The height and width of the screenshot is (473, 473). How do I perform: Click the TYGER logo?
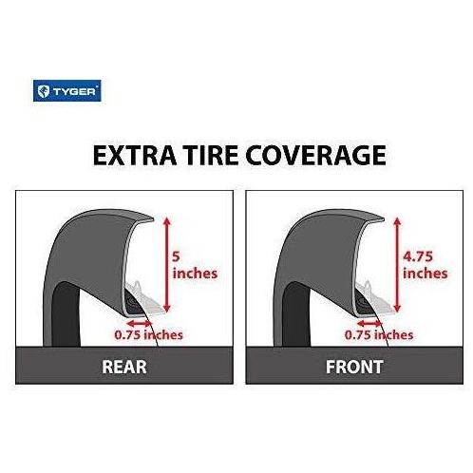[67, 91]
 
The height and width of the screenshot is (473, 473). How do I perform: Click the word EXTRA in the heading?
[135, 155]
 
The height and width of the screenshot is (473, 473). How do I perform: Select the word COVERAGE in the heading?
[315, 155]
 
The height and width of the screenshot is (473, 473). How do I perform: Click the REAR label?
[124, 367]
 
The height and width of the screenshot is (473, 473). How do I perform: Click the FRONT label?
[354, 367]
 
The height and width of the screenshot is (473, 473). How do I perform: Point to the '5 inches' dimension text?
[195, 265]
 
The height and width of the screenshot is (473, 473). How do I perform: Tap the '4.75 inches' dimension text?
[426, 265]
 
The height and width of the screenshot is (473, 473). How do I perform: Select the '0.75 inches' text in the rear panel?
[148, 335]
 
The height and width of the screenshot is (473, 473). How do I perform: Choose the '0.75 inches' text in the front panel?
[379, 335]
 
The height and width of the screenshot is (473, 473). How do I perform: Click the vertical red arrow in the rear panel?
[167, 265]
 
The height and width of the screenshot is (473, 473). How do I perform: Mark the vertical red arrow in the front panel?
[397, 265]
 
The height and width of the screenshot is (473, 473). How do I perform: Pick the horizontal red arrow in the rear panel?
[139, 323]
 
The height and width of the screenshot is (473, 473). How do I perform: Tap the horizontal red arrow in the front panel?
[369, 323]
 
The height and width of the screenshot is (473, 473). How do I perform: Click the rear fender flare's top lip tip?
[154, 218]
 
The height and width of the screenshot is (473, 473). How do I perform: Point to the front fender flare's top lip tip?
[384, 218]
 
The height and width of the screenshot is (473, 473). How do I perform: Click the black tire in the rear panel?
[66, 316]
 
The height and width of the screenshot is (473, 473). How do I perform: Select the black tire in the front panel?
[296, 316]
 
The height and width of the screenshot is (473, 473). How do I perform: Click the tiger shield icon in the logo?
[43, 91]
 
